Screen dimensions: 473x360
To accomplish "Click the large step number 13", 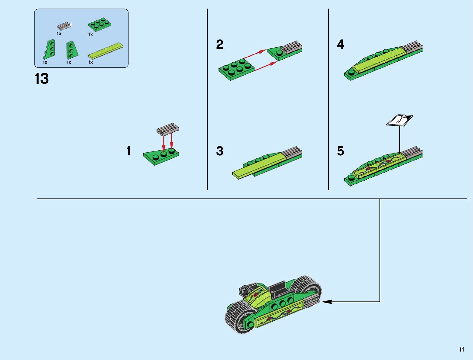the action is click(42, 79).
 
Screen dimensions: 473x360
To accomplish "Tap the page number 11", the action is click(462, 350).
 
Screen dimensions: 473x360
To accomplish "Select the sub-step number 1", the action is click(129, 151).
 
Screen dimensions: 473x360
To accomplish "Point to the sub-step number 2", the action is click(220, 45).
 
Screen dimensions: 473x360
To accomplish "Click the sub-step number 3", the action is click(220, 151).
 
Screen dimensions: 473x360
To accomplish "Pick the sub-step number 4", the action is click(340, 45).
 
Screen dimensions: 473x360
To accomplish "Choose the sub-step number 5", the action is click(340, 151).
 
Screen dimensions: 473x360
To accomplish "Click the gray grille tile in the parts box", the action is click(64, 26).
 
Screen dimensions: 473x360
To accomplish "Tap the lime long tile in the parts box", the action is click(106, 50).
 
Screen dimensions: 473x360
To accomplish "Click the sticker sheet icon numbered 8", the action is click(400, 120).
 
